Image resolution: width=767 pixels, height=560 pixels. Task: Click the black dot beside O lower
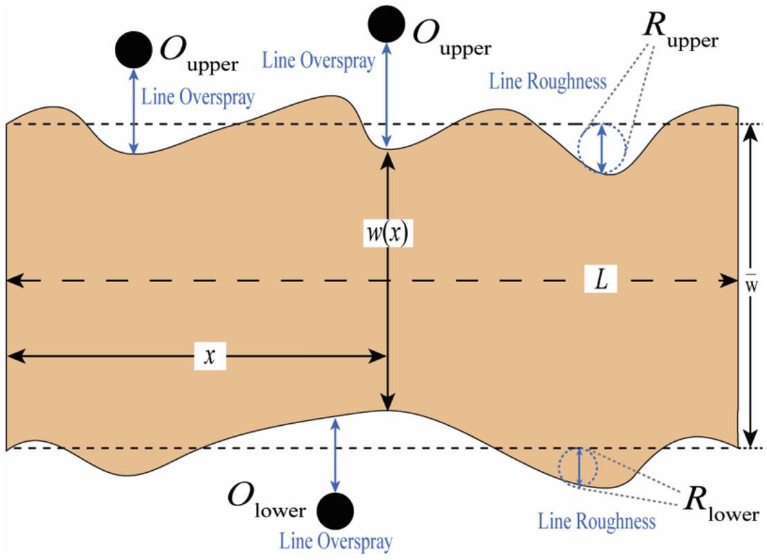click(x=336, y=511)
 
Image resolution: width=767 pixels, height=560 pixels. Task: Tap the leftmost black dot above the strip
click(x=133, y=49)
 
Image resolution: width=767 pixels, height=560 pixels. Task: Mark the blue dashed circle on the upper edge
click(x=602, y=148)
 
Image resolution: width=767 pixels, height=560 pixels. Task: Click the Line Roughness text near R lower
click(x=597, y=521)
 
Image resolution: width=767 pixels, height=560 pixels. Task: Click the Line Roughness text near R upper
click(x=548, y=82)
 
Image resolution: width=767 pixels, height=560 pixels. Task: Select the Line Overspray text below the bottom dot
click(x=336, y=541)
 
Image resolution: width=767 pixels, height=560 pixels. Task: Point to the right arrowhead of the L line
click(x=732, y=281)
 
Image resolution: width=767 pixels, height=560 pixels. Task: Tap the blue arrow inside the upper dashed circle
click(x=602, y=148)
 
